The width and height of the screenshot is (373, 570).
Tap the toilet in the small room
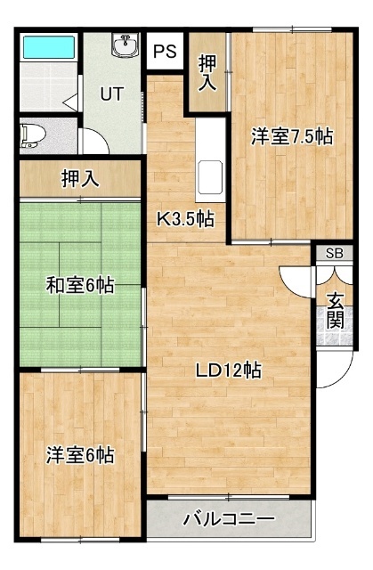(34, 134)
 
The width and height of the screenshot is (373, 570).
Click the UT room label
(111, 93)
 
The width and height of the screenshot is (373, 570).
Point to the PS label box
(165, 52)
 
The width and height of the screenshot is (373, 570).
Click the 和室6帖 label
(79, 286)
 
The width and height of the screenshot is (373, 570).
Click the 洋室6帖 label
(79, 455)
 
